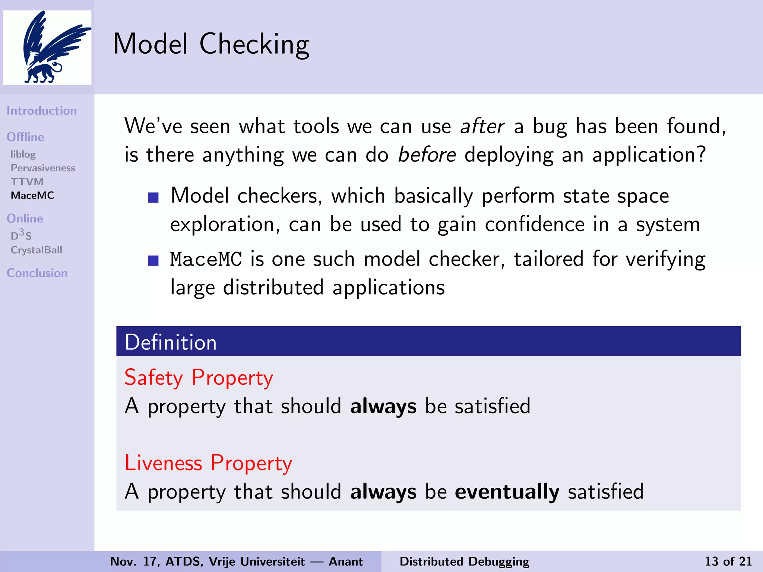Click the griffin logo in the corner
pos(47,47)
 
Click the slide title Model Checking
pos(211,44)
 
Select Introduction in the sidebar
pos(42,111)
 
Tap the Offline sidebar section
pos(25,137)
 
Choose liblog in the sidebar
pos(23,154)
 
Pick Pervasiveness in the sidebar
pos(43,168)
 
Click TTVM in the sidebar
pos(27,182)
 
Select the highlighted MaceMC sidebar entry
pos(32,196)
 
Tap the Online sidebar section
pos(25,218)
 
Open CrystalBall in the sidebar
pos(37,250)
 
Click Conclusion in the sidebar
pos(37,273)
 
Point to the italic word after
pos(482,126)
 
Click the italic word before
pos(427,155)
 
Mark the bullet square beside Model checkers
pos(153,197)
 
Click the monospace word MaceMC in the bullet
pos(206,260)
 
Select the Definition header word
pos(171,342)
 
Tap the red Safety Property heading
pos(199,378)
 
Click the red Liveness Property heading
pos(208,463)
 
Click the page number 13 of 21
pos(728,561)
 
